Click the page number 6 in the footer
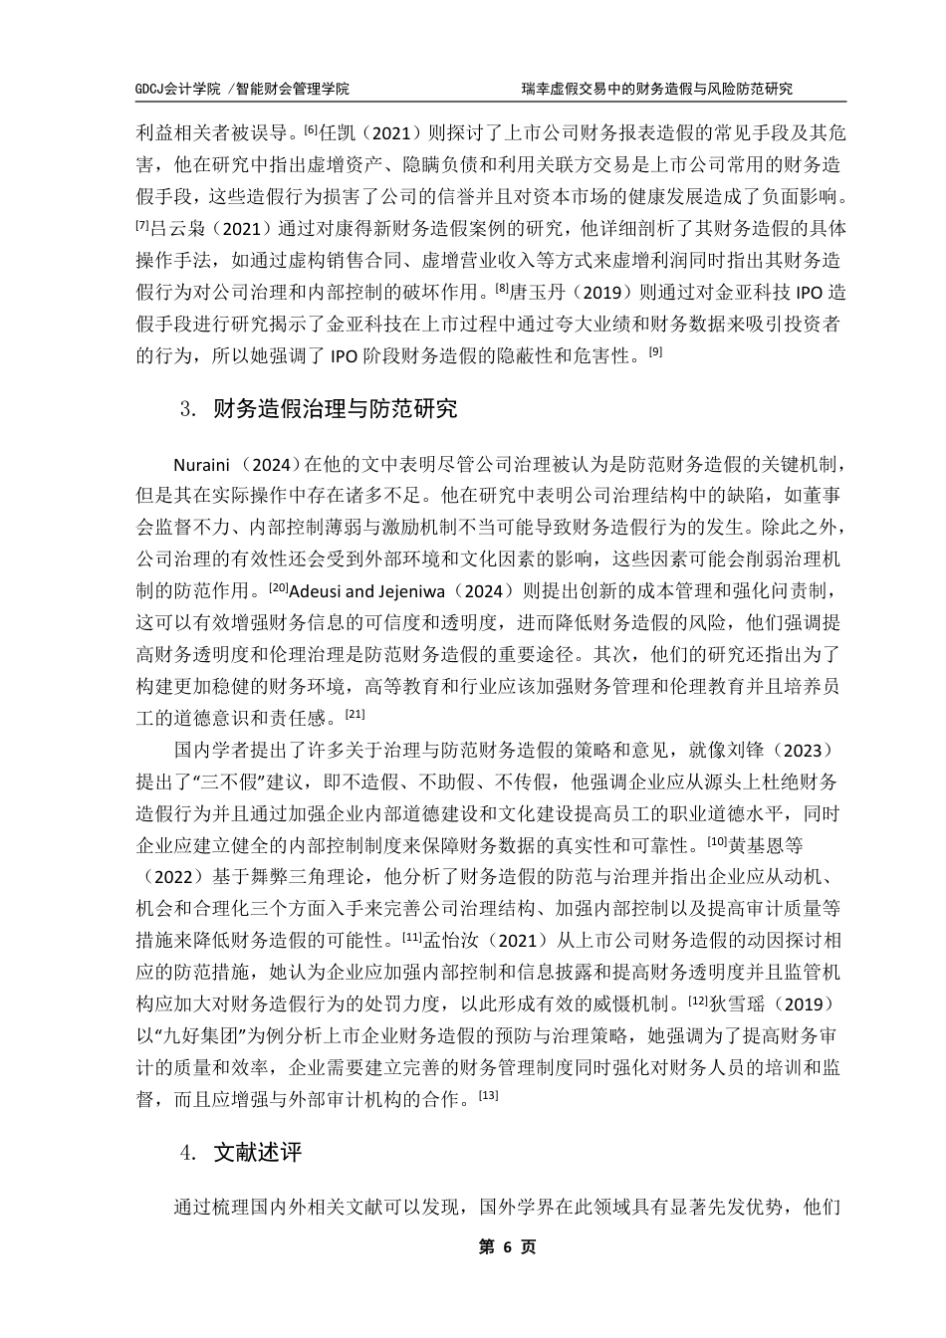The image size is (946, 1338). pos(508,1247)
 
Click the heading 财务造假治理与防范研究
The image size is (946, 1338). pos(336,409)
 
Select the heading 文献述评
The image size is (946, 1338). pos(258,1153)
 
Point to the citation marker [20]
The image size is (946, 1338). pos(278,585)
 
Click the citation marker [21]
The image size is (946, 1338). pos(355,712)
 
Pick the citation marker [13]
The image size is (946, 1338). pos(488,1095)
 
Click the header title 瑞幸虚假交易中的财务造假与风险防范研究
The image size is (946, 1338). pos(656,89)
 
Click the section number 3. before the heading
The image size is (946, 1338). pos(187,410)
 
